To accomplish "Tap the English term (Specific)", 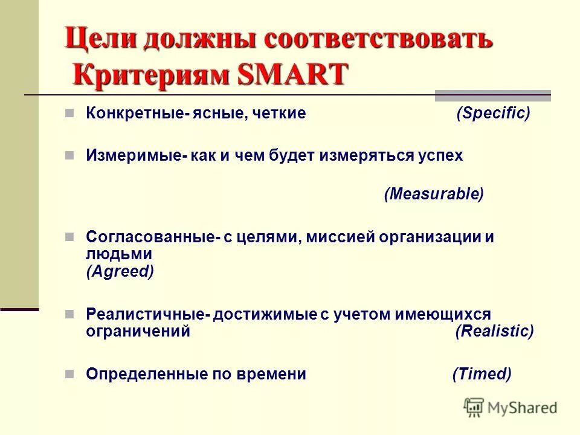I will coord(493,113).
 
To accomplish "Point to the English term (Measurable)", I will coord(434,194).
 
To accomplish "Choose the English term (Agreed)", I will coord(120,271).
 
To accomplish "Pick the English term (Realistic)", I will coord(494,331).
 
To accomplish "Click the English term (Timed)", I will coord(482,374).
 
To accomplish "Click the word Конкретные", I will coord(134,114).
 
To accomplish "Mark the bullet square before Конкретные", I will coord(69,113).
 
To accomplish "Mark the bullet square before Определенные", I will coord(69,373).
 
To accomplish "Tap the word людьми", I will coord(118,254).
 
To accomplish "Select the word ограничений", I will coord(138,331).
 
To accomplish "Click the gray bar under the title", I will coord(492,95).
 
